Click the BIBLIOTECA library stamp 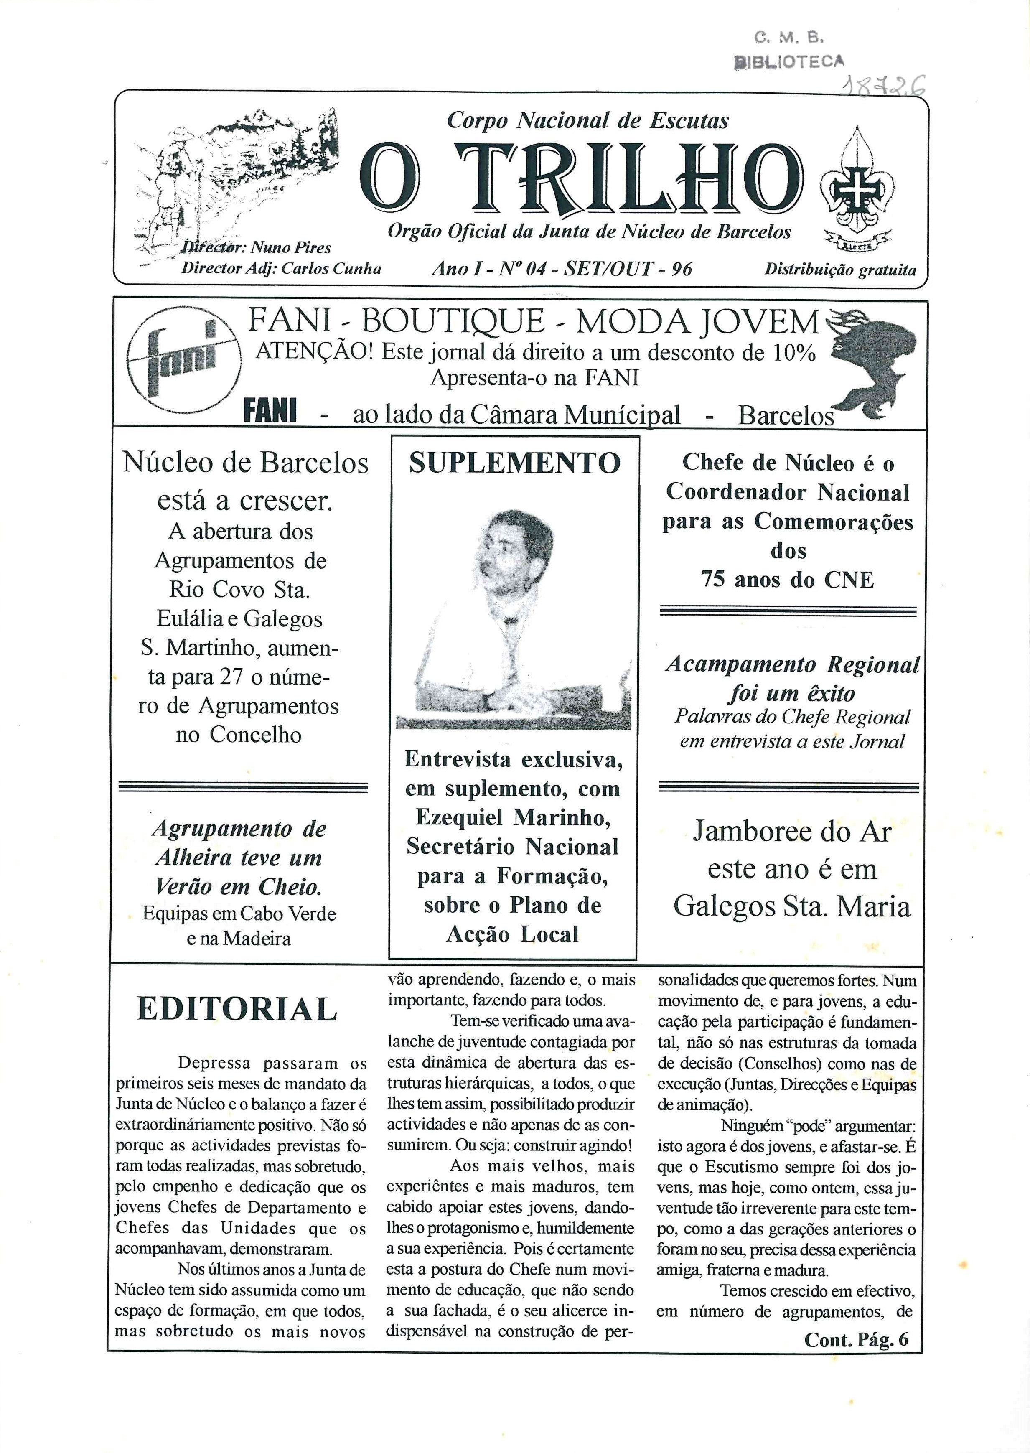point(789,61)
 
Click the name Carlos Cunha point(331,268)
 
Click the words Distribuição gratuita point(840,270)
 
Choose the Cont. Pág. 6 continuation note point(856,1339)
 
